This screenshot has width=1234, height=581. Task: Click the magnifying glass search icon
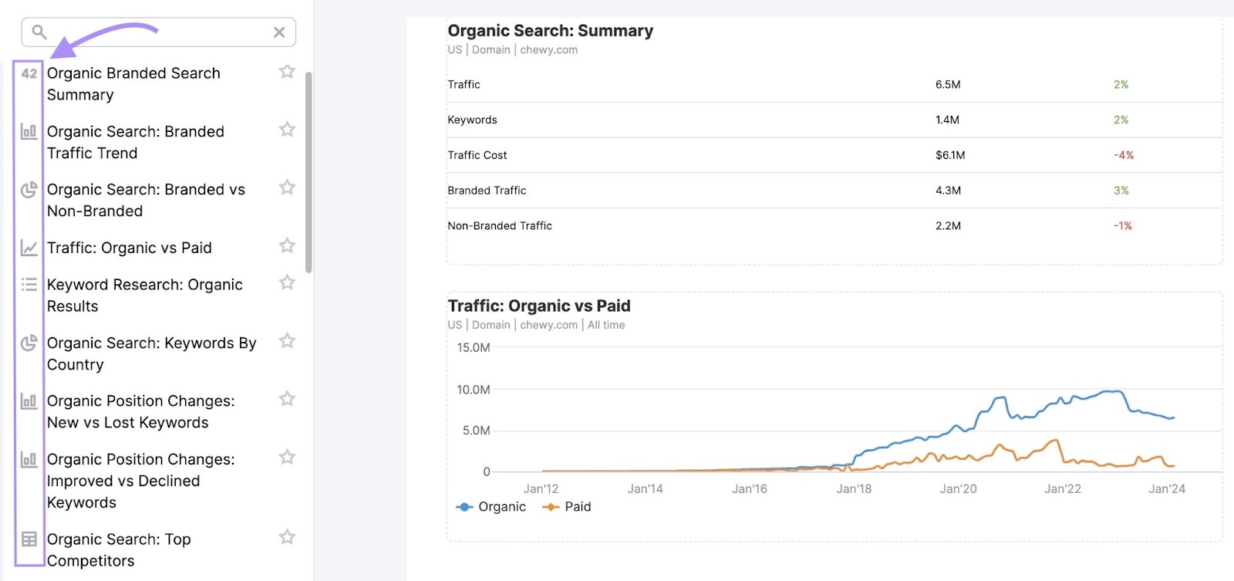pyautogui.click(x=39, y=32)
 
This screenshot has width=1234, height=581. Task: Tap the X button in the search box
pyautogui.click(x=279, y=32)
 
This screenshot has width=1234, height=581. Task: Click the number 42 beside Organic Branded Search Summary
pyautogui.click(x=29, y=74)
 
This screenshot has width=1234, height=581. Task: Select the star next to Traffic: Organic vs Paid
pyautogui.click(x=287, y=245)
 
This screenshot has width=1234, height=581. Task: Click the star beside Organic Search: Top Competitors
pyautogui.click(x=287, y=537)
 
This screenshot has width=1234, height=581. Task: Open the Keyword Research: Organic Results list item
pyautogui.click(x=144, y=296)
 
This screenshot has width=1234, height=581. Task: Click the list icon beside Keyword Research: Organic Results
pyautogui.click(x=29, y=285)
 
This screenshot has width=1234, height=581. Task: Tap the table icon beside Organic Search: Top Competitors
pyautogui.click(x=29, y=539)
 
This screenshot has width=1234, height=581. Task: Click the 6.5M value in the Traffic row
pyautogui.click(x=948, y=85)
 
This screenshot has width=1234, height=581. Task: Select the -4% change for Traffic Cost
pyautogui.click(x=1124, y=155)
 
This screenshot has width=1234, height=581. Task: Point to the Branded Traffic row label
pyautogui.click(x=487, y=191)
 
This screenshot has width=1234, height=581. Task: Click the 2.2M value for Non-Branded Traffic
pyautogui.click(x=948, y=226)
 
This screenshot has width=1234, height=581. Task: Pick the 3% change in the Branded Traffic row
pyautogui.click(x=1121, y=191)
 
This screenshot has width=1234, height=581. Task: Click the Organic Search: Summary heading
pyautogui.click(x=550, y=31)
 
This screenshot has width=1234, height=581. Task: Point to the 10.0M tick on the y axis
pyautogui.click(x=474, y=390)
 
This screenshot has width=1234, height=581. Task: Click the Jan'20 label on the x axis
pyautogui.click(x=958, y=489)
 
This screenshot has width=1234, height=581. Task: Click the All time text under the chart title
pyautogui.click(x=606, y=326)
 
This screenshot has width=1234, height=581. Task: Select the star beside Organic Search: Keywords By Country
pyautogui.click(x=287, y=341)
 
